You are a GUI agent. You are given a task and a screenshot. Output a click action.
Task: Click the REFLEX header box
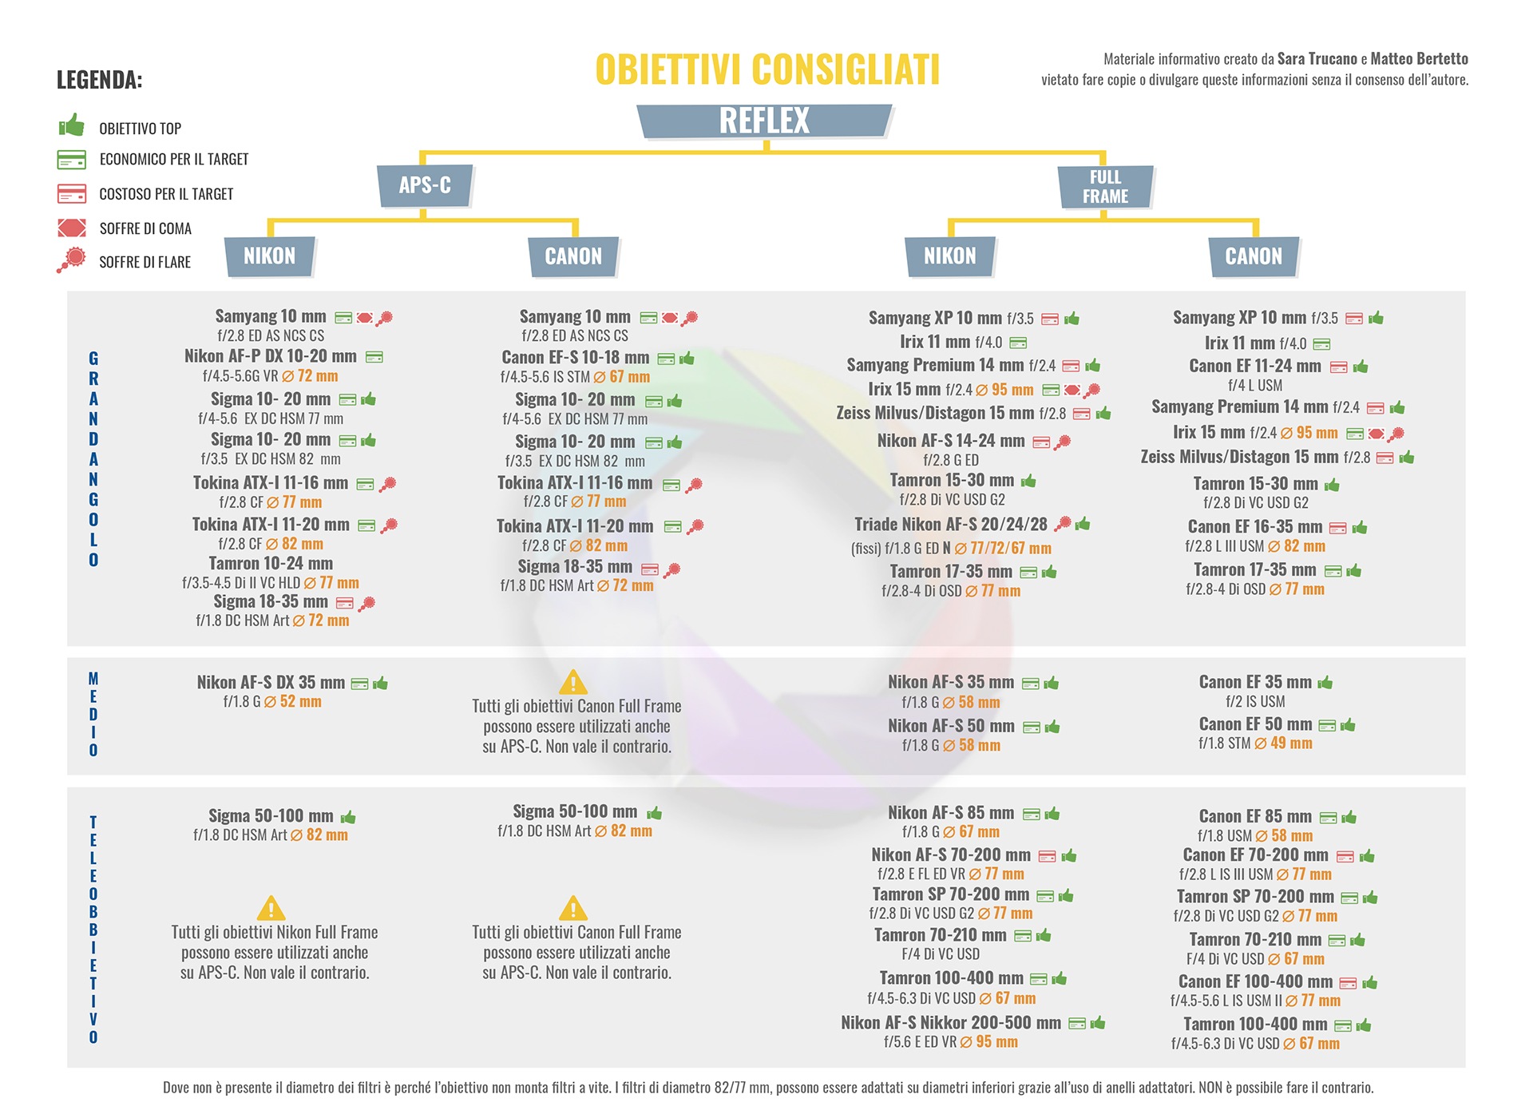point(764,121)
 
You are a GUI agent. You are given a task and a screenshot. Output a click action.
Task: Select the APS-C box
point(425,185)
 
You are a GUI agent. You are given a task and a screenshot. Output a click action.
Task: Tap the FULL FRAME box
point(1105,187)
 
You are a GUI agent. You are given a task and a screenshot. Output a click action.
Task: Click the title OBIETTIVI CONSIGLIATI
point(767,69)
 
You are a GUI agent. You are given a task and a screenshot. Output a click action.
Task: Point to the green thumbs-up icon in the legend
point(72,126)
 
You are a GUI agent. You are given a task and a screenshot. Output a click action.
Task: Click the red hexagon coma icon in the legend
point(72,228)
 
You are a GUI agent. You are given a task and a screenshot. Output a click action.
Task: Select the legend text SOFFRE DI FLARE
point(145,263)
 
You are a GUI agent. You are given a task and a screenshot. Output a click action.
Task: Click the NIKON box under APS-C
point(269,256)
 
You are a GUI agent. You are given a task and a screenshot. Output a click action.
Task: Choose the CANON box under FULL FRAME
point(1254,256)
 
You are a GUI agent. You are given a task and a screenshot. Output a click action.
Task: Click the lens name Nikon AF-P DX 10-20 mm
point(270,356)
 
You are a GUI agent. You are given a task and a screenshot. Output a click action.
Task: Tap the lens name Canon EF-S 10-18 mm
point(575,358)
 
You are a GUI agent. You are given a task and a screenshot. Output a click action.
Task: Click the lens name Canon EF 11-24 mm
point(1254,367)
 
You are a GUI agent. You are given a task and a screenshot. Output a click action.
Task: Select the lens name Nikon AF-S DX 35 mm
point(271,683)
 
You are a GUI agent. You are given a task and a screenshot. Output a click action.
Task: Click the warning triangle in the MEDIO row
point(573,683)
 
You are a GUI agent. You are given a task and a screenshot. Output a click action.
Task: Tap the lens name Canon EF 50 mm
point(1255,724)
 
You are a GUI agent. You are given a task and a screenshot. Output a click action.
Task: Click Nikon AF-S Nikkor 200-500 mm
point(950,1023)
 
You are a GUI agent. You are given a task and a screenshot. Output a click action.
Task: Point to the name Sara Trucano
point(1317,59)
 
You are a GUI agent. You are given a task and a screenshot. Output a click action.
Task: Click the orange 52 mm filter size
point(300,702)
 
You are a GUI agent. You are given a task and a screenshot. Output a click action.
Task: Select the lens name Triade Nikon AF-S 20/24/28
point(950,525)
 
